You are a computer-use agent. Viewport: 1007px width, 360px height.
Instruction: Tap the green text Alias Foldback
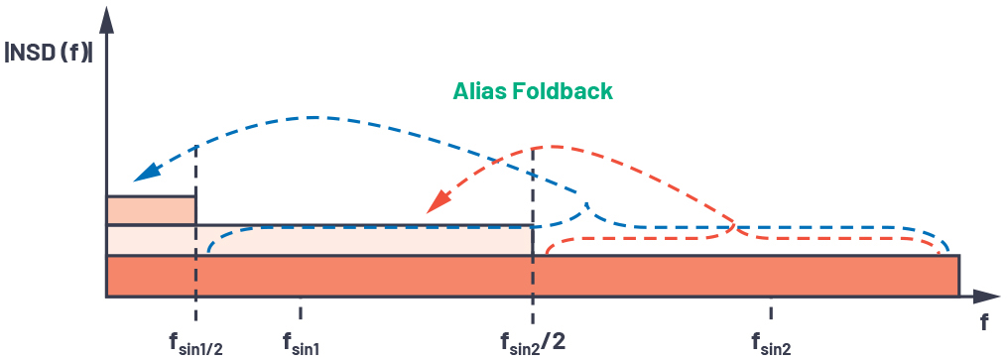pyautogui.click(x=533, y=91)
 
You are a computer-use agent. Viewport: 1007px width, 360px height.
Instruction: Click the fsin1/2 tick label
pyautogui.click(x=196, y=344)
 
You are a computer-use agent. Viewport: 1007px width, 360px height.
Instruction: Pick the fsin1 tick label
pyautogui.click(x=302, y=344)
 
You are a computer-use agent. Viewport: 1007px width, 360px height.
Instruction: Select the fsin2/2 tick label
pyautogui.click(x=533, y=343)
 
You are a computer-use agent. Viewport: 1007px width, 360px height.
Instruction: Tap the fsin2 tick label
pyautogui.click(x=771, y=344)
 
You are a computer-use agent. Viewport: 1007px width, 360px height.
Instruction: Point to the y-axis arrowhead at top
pyautogui.click(x=106, y=19)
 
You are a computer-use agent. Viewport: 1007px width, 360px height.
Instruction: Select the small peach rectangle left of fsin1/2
pyautogui.click(x=151, y=210)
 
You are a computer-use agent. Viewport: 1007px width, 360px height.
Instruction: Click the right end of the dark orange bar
pyautogui.click(x=958, y=276)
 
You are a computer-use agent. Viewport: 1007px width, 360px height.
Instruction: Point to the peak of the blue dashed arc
pyautogui.click(x=314, y=117)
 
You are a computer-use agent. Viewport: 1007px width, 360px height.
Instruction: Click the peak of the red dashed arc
pyautogui.click(x=546, y=147)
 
